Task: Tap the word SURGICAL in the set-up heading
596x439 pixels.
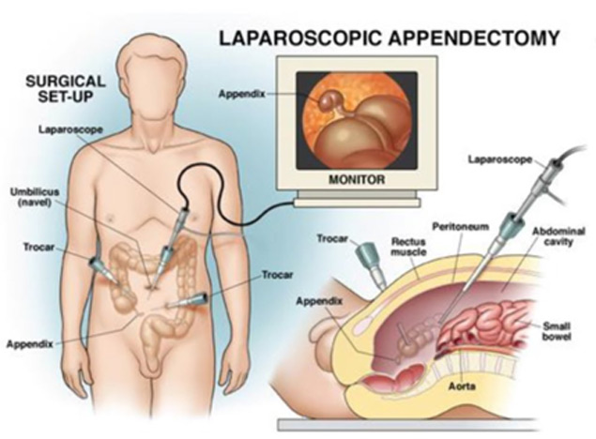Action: pos(66,82)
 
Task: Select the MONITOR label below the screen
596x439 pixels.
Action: pos(357,179)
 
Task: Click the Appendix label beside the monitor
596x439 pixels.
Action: pos(241,94)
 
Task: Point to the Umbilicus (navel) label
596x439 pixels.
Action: pos(35,197)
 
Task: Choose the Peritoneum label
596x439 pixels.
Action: pos(460,227)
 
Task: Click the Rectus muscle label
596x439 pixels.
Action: pos(408,247)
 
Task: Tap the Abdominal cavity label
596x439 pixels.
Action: pos(558,236)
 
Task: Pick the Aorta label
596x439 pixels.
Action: pos(462,386)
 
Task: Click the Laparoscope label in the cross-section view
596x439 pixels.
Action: pos(500,159)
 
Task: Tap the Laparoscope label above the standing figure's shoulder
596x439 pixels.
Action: pos(70,129)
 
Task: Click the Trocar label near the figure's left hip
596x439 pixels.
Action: pos(38,248)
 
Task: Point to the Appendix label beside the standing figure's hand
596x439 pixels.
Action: pos(30,344)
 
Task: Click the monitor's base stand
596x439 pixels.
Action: pos(358,199)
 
